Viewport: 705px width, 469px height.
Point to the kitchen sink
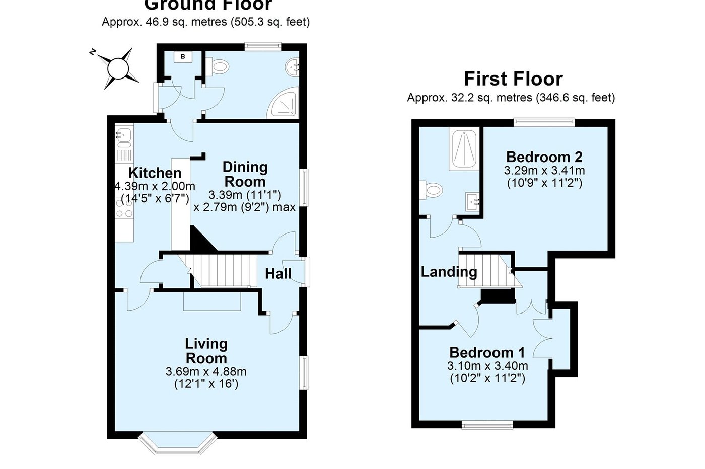pos(124,135)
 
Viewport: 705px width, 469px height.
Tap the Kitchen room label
pos(155,173)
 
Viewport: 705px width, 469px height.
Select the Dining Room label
pos(245,174)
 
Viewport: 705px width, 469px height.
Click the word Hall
pos(278,274)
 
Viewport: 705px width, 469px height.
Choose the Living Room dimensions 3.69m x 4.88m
pos(206,372)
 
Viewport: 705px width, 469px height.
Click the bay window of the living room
pos(178,443)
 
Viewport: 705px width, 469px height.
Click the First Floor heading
pos(513,79)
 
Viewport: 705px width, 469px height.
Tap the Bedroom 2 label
pos(544,157)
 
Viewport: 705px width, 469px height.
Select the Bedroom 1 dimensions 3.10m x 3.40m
pos(487,366)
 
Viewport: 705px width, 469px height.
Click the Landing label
pos(449,272)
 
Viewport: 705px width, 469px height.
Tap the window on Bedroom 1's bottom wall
pos(487,425)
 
